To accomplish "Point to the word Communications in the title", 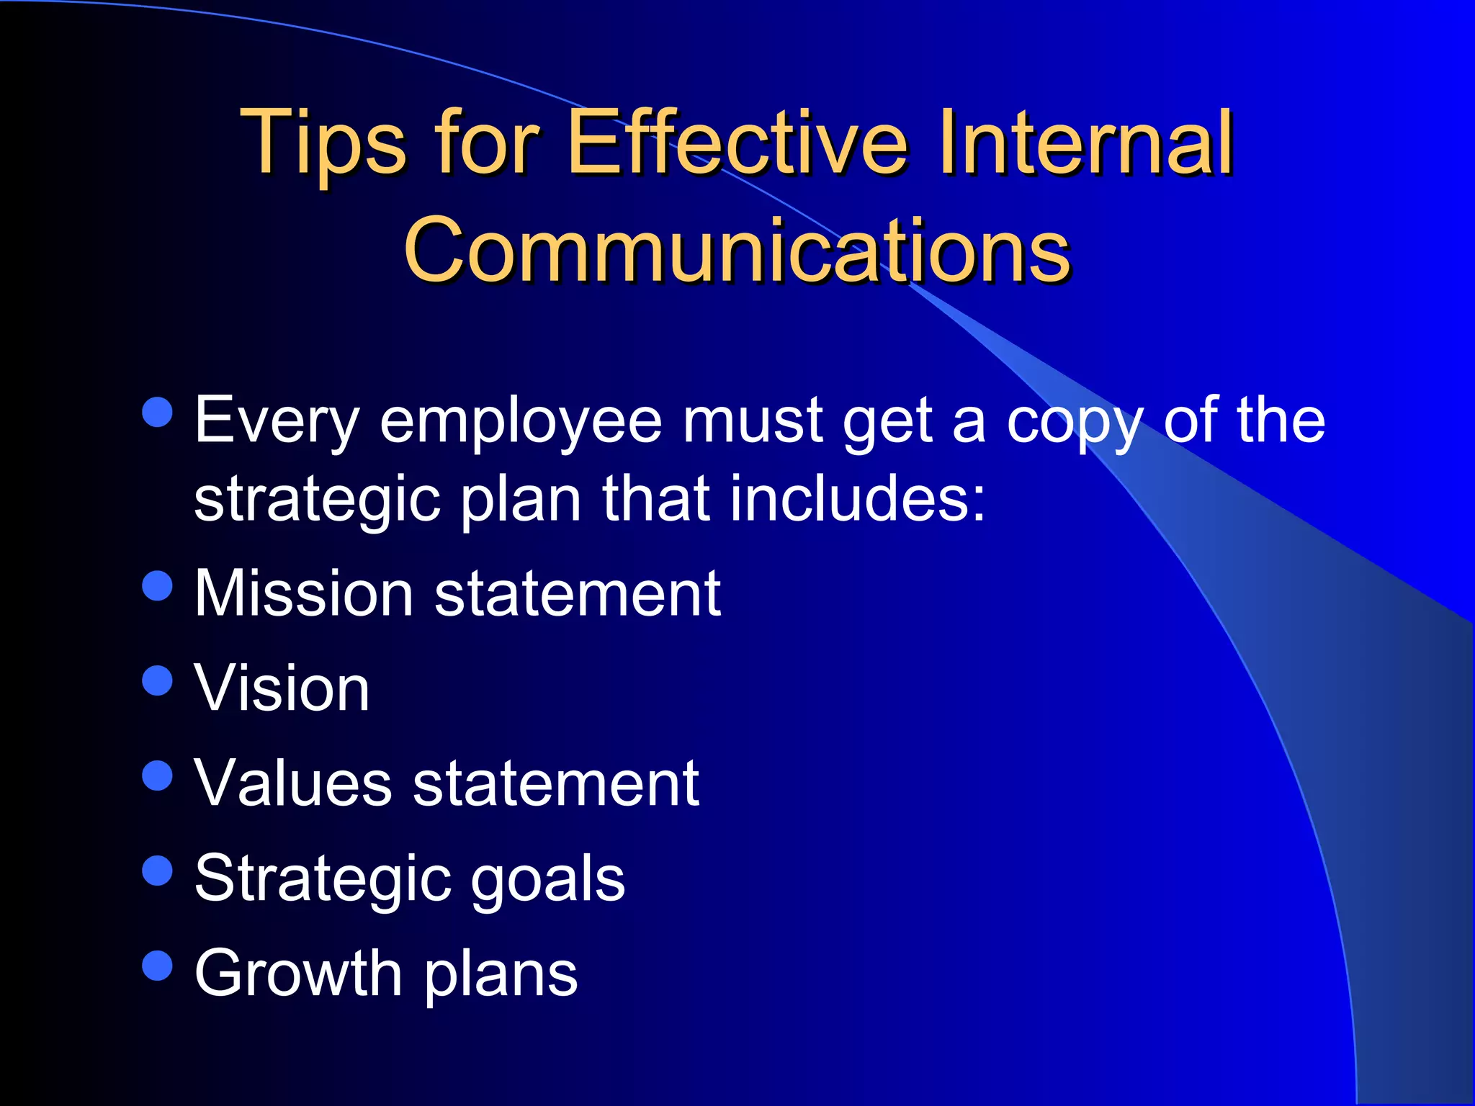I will (x=737, y=251).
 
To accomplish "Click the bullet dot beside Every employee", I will (x=158, y=413).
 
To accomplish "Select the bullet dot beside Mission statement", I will (x=158, y=585).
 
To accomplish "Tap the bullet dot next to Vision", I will (x=158, y=680).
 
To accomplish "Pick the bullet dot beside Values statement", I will (x=158, y=775).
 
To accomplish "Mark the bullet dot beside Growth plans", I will (x=158, y=966).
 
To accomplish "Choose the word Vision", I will (x=282, y=688).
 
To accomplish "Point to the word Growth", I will (x=298, y=974).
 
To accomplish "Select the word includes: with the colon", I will (x=857, y=499).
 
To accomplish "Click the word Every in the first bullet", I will (x=277, y=422).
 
